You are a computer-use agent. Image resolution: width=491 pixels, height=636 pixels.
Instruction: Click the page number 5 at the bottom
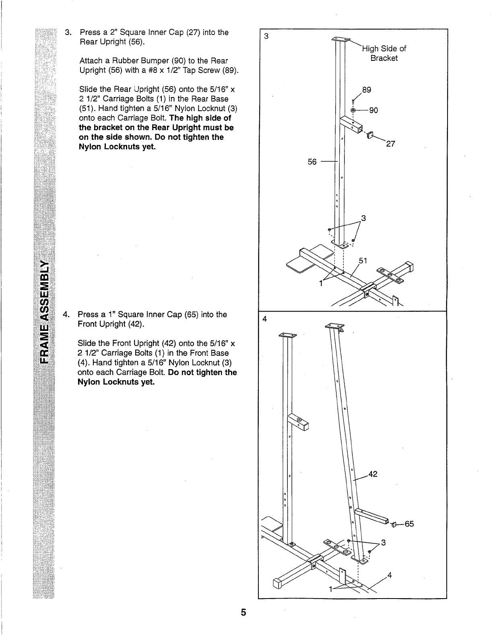coord(243,612)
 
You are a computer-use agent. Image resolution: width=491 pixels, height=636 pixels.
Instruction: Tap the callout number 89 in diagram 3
coord(366,90)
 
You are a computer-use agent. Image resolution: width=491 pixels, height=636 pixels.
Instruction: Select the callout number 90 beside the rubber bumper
coord(373,110)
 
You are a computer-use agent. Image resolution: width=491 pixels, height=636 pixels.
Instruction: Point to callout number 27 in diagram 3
coord(390,145)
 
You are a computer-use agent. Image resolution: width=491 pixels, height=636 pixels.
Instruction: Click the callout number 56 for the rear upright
coord(312,162)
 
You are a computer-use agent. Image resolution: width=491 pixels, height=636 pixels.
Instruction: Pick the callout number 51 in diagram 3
coord(363,260)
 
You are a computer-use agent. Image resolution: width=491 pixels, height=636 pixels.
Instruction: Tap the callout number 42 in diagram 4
coord(373,474)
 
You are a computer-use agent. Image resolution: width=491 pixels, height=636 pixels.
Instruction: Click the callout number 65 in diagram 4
coord(409,524)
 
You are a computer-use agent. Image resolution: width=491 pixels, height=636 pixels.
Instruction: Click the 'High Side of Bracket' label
coord(384,53)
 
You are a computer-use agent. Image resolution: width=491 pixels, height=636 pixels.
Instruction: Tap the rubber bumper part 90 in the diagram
coord(353,110)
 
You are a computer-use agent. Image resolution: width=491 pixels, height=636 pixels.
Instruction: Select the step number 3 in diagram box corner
coord(266,36)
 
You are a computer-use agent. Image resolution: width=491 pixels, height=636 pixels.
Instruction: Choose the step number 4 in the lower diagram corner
coord(264,319)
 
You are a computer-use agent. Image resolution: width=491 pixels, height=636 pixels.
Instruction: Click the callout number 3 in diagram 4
coord(383,542)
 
